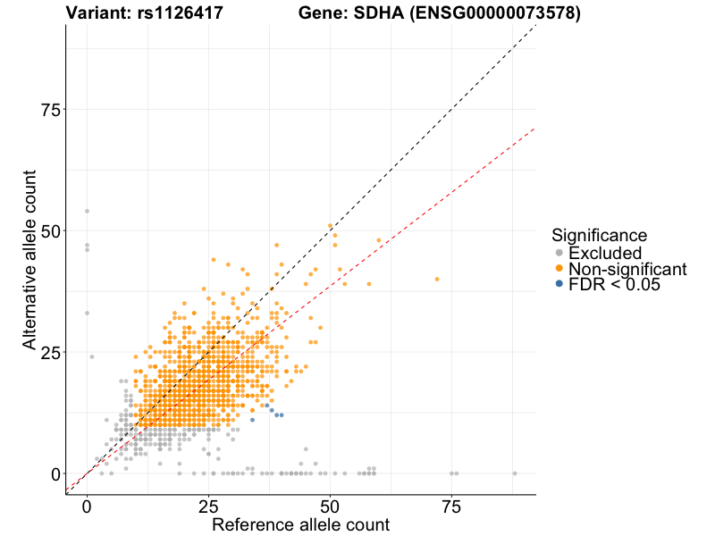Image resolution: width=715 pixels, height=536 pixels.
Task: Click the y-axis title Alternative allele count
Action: pyautogui.click(x=29, y=259)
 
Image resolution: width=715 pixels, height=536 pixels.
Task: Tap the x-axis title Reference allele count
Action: pyautogui.click(x=300, y=524)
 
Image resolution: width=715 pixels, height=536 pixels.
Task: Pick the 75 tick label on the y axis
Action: pyautogui.click(x=51, y=109)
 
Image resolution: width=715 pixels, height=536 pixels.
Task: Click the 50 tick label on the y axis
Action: pyautogui.click(x=51, y=230)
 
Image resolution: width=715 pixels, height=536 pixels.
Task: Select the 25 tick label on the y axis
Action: pyautogui.click(x=51, y=352)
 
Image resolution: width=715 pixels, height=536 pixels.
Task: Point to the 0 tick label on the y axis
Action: pyautogui.click(x=56, y=473)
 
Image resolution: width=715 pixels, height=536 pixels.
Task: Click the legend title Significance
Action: pyautogui.click(x=599, y=235)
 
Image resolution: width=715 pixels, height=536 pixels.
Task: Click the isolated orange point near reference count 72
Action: pyautogui.click(x=437, y=279)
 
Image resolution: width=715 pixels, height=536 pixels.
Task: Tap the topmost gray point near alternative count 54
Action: pyautogui.click(x=87, y=211)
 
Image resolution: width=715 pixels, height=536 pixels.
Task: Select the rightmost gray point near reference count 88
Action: pyautogui.click(x=515, y=473)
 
